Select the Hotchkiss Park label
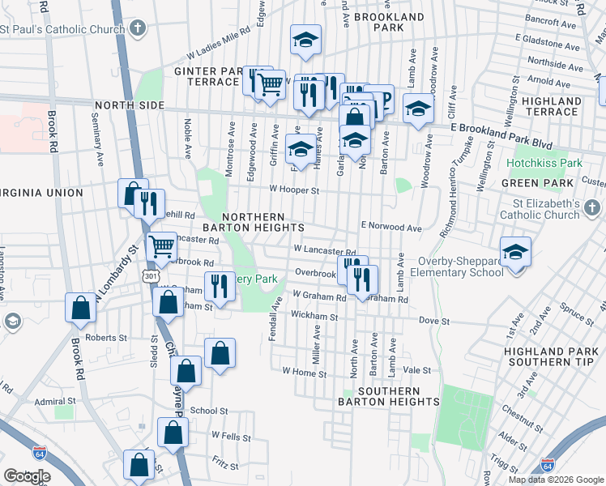544,163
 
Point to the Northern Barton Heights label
253,223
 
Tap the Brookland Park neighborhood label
390,22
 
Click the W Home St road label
304,373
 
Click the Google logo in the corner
28,475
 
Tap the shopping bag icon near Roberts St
81,308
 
